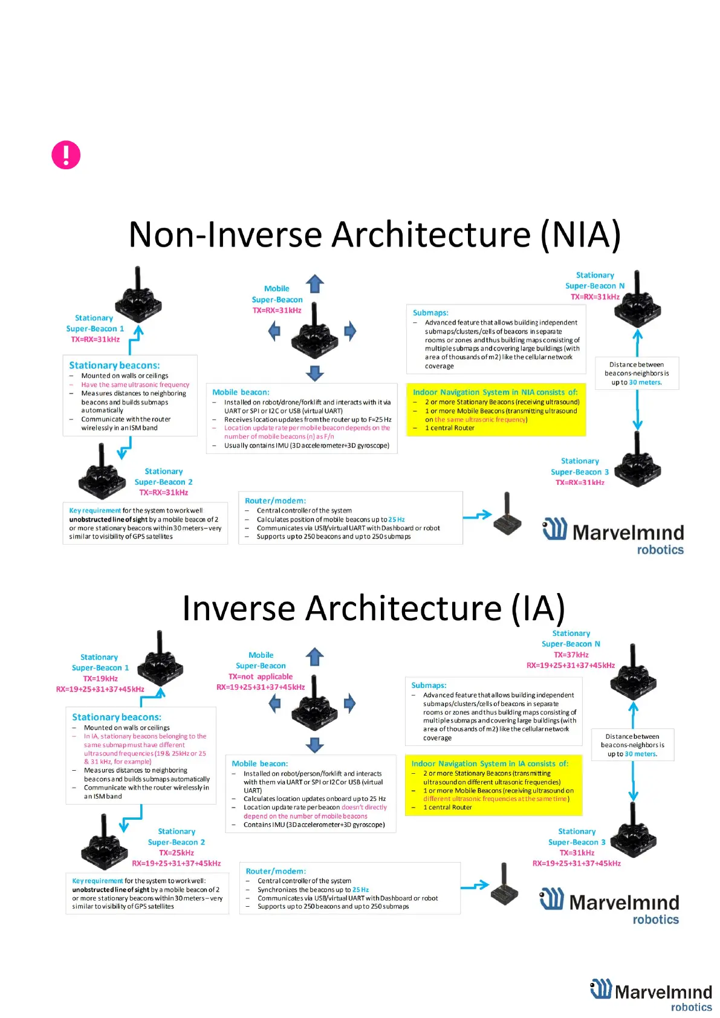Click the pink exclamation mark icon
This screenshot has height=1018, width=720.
(66, 155)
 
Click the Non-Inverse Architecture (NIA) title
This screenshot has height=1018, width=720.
(374, 235)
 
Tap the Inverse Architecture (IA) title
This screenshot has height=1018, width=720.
(374, 608)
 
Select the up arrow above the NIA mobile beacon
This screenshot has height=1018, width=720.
(315, 284)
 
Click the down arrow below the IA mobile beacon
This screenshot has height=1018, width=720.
(315, 745)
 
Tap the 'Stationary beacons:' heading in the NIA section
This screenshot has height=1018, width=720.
(114, 365)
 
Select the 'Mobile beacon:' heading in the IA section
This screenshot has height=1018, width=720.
(259, 763)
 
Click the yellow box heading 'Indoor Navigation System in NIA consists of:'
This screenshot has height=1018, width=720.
(495, 392)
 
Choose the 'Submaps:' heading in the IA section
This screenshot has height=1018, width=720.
(429, 685)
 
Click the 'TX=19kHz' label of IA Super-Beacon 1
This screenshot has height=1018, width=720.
(100, 678)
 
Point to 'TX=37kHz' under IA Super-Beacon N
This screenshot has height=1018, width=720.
(571, 655)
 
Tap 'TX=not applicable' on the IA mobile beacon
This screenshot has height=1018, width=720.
(261, 676)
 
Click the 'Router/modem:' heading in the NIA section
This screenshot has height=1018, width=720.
(275, 501)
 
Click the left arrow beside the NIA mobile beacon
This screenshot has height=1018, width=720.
(274, 331)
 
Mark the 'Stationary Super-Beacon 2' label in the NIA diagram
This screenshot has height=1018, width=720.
(163, 476)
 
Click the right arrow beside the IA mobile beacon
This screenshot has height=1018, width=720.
(350, 702)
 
